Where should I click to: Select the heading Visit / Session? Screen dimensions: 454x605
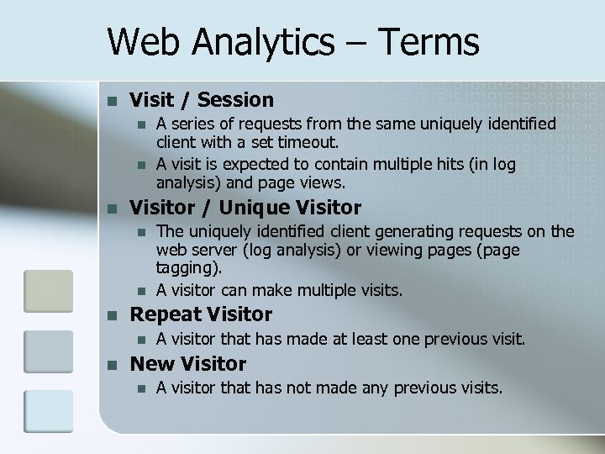pyautogui.click(x=201, y=100)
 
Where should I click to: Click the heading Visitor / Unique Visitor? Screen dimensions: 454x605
pyautogui.click(x=245, y=208)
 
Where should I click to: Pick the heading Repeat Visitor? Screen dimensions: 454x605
pyautogui.click(x=201, y=314)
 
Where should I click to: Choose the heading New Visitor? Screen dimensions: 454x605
pyautogui.click(x=187, y=364)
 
